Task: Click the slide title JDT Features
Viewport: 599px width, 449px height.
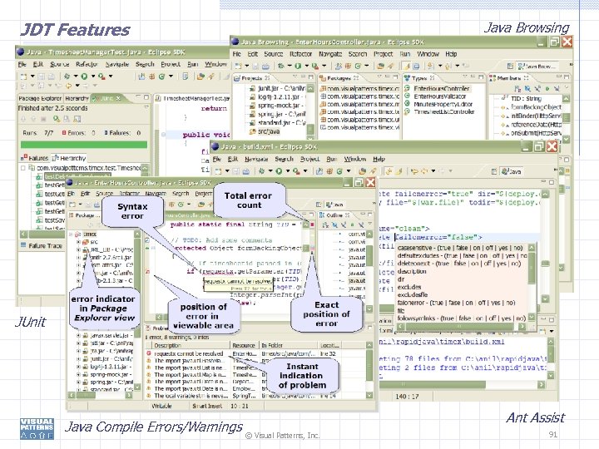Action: (76, 30)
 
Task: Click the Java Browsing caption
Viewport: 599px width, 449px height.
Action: (527, 27)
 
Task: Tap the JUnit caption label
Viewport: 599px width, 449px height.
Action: (35, 322)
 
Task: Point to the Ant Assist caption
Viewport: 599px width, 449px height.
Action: (535, 418)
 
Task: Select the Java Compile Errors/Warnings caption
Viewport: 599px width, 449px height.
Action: (154, 427)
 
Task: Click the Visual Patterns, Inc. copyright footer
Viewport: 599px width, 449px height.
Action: (283, 435)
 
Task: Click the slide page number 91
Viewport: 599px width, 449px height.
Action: (554, 435)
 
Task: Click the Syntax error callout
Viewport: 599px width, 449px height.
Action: (133, 210)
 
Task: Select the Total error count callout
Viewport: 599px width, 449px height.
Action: (249, 200)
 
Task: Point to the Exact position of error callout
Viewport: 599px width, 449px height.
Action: (326, 314)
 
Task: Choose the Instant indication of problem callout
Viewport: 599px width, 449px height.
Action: (302, 376)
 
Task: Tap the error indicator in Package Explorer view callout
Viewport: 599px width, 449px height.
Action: (103, 308)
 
